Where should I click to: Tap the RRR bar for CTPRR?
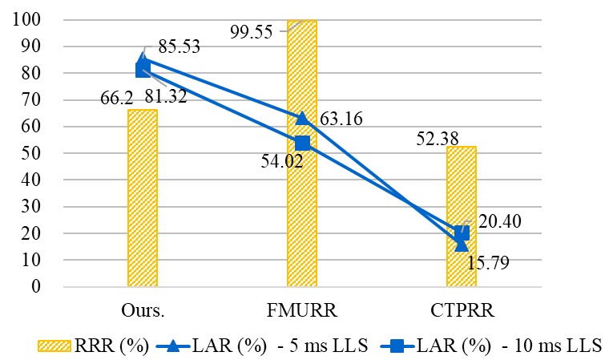pos(462,216)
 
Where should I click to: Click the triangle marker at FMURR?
pos(302,119)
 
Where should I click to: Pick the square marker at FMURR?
pos(302,143)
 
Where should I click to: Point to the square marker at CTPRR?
pos(462,233)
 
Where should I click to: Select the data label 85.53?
pos(173,47)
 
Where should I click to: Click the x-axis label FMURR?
pos(302,309)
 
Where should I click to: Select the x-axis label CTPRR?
pos(462,309)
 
